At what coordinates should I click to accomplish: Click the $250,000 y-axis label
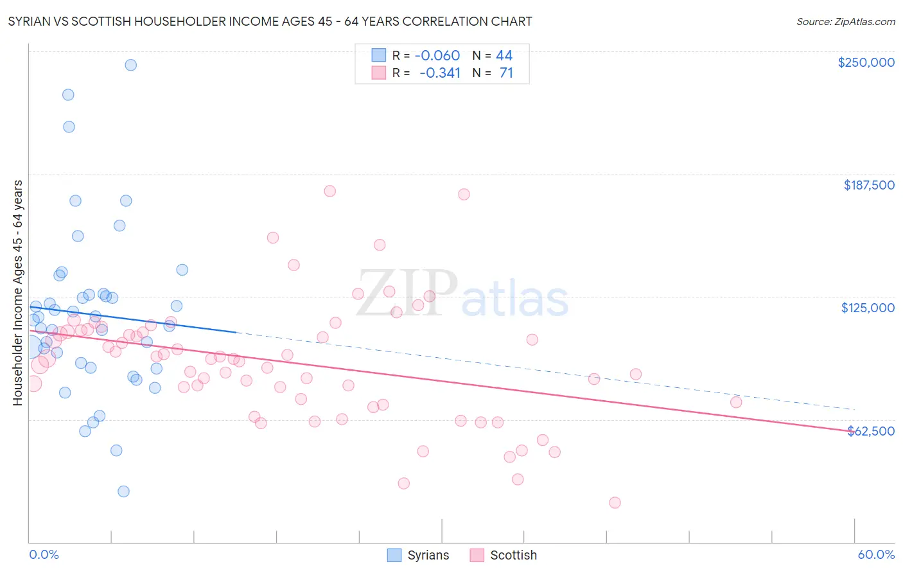tap(866, 62)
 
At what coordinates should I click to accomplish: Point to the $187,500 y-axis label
tap(868, 185)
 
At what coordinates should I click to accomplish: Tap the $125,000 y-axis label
tap(868, 308)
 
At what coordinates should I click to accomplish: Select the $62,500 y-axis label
tap(871, 431)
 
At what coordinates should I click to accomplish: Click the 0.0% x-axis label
tap(44, 554)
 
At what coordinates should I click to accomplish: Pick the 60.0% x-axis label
tap(876, 554)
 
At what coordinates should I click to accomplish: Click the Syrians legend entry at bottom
tap(418, 555)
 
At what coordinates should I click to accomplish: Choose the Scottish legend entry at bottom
tap(503, 555)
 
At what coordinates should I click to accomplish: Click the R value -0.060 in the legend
tap(437, 55)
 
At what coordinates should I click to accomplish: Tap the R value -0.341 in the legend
tap(440, 73)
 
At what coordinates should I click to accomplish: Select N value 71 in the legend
tap(506, 73)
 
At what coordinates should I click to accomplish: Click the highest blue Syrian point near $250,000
tap(130, 65)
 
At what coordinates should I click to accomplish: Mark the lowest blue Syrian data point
tap(123, 491)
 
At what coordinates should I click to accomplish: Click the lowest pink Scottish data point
tap(615, 502)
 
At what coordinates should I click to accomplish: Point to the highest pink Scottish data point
tap(329, 191)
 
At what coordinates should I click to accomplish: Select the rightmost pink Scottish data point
tap(736, 402)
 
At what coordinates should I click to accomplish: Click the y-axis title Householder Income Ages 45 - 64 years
tap(17, 293)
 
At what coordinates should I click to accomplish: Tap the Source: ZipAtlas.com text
tap(845, 21)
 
